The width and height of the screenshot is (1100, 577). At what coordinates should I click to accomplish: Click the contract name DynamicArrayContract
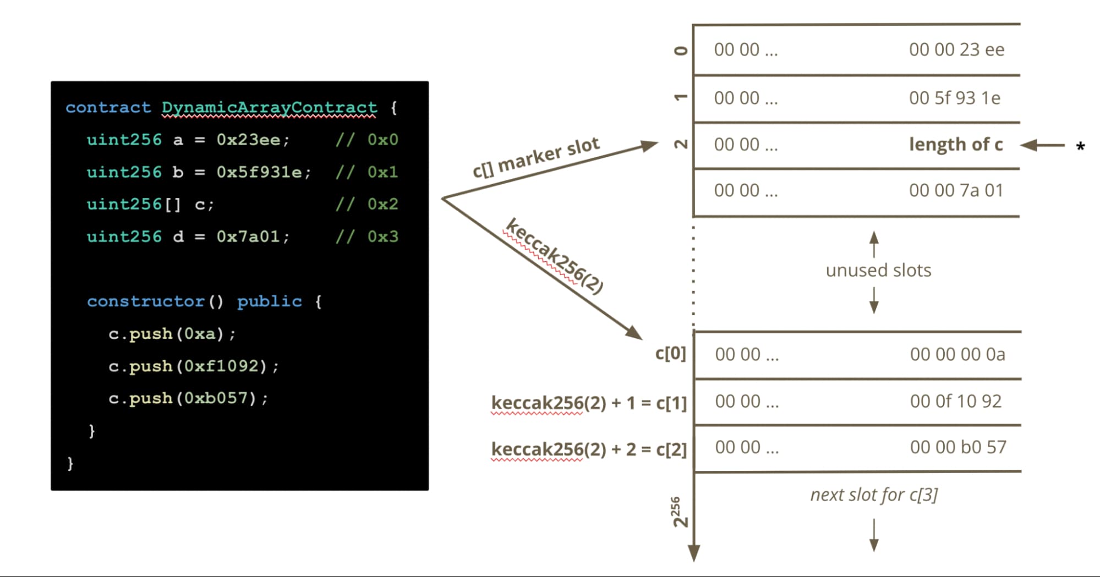tap(269, 107)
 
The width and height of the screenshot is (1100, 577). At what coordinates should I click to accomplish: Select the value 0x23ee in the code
tap(249, 140)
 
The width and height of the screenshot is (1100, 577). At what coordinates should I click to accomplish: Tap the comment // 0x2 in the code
tap(367, 204)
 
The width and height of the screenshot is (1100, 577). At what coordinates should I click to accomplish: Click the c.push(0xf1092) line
tap(194, 366)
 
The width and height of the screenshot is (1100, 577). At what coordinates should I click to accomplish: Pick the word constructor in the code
tap(146, 301)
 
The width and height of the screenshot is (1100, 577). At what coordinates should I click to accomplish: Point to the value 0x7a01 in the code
tap(249, 237)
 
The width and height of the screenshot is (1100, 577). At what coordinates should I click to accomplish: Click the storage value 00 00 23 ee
tap(956, 50)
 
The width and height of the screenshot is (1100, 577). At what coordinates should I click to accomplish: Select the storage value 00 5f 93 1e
tap(955, 98)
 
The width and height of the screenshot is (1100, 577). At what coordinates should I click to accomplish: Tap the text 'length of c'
tap(956, 145)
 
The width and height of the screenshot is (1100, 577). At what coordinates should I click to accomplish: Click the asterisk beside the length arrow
tap(1080, 147)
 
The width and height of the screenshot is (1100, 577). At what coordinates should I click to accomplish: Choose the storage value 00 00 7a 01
tap(956, 191)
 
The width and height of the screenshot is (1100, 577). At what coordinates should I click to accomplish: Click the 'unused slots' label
tap(878, 271)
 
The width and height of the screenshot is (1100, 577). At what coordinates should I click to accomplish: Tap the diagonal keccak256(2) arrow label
tap(554, 255)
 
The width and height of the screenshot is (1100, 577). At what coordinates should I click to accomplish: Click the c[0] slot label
tap(670, 353)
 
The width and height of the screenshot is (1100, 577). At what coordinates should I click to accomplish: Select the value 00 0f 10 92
tap(956, 402)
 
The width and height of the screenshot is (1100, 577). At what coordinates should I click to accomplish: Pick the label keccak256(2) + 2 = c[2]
tap(589, 449)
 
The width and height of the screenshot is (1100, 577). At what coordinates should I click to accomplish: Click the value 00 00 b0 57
tap(957, 447)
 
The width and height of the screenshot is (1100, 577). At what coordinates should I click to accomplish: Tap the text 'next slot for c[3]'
tap(874, 495)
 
